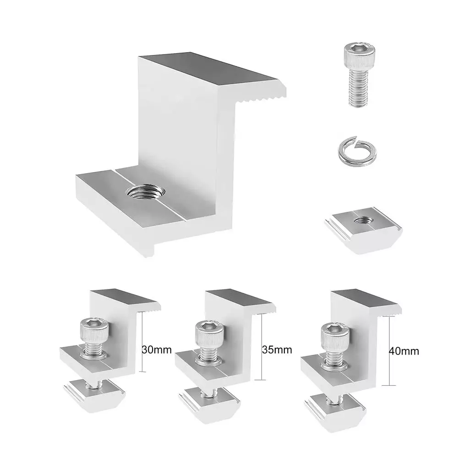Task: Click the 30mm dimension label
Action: [157, 349]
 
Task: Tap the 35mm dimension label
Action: [277, 349]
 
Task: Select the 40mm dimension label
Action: [404, 351]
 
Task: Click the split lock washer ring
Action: [355, 151]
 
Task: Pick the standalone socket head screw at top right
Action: [358, 75]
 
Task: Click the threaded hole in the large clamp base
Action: [146, 193]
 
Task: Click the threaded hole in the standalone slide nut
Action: [362, 221]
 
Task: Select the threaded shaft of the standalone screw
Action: [358, 89]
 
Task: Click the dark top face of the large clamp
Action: [207, 69]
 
